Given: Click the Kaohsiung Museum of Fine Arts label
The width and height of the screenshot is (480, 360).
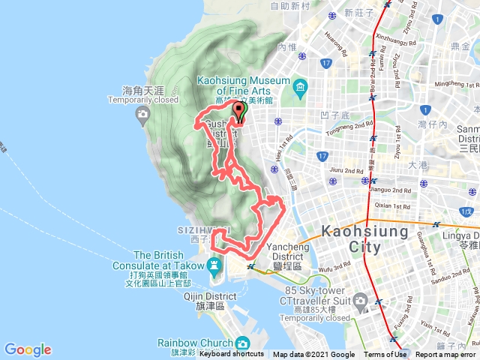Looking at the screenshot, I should (x=243, y=86).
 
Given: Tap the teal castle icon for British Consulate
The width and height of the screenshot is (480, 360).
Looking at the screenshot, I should (x=215, y=265).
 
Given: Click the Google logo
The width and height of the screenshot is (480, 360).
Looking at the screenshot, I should (x=28, y=349).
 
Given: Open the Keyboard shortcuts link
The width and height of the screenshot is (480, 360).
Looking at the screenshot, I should (x=231, y=355).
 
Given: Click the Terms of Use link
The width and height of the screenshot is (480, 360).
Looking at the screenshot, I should (x=385, y=355).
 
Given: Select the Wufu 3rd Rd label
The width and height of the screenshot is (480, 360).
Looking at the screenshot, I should (x=332, y=266).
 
